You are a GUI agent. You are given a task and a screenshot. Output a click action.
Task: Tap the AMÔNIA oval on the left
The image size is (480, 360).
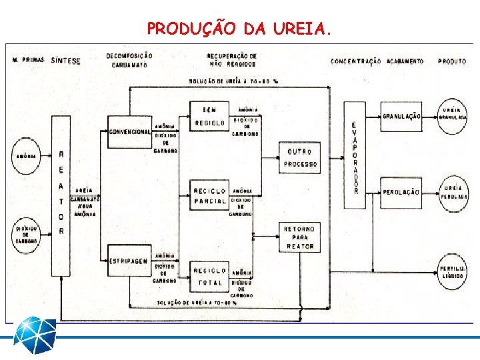click(27, 157)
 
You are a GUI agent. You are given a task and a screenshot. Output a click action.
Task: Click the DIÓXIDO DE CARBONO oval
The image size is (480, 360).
click(27, 235)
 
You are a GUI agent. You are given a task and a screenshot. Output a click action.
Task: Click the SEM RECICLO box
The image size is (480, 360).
click(209, 117)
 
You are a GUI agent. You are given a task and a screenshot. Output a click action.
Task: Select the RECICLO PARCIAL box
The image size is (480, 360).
click(209, 196)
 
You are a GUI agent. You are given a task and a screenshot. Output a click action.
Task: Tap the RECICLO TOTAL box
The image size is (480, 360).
click(209, 277)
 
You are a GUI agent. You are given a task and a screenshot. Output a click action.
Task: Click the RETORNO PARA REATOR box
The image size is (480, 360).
click(300, 237)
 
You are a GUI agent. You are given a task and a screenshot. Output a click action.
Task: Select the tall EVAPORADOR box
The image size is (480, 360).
click(355, 157)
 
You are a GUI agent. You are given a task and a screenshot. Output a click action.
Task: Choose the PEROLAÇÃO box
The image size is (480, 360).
click(401, 192)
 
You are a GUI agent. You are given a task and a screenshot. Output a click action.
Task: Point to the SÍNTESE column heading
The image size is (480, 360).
click(65, 61)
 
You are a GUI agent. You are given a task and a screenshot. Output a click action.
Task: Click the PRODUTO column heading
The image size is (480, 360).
click(452, 61)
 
